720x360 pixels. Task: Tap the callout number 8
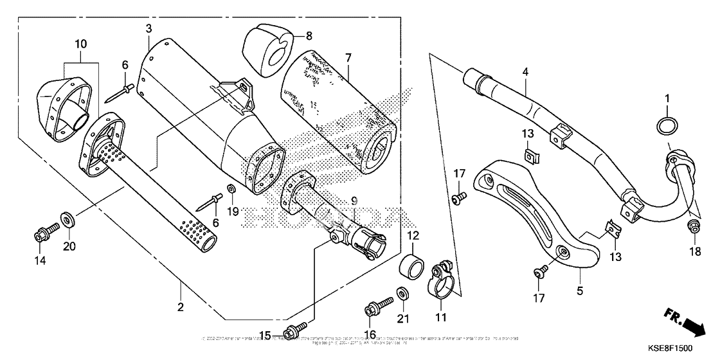tap(309, 36)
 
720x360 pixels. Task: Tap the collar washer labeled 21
tap(403, 294)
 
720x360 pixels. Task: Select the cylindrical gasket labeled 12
tap(411, 264)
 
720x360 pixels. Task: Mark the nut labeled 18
tap(694, 226)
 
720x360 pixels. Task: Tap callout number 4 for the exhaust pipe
tap(525, 73)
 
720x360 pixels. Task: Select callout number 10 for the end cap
tap(80, 44)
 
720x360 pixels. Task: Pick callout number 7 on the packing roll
tap(347, 59)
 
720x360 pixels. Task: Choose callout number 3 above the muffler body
tap(148, 28)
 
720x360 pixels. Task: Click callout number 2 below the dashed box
tap(181, 307)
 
